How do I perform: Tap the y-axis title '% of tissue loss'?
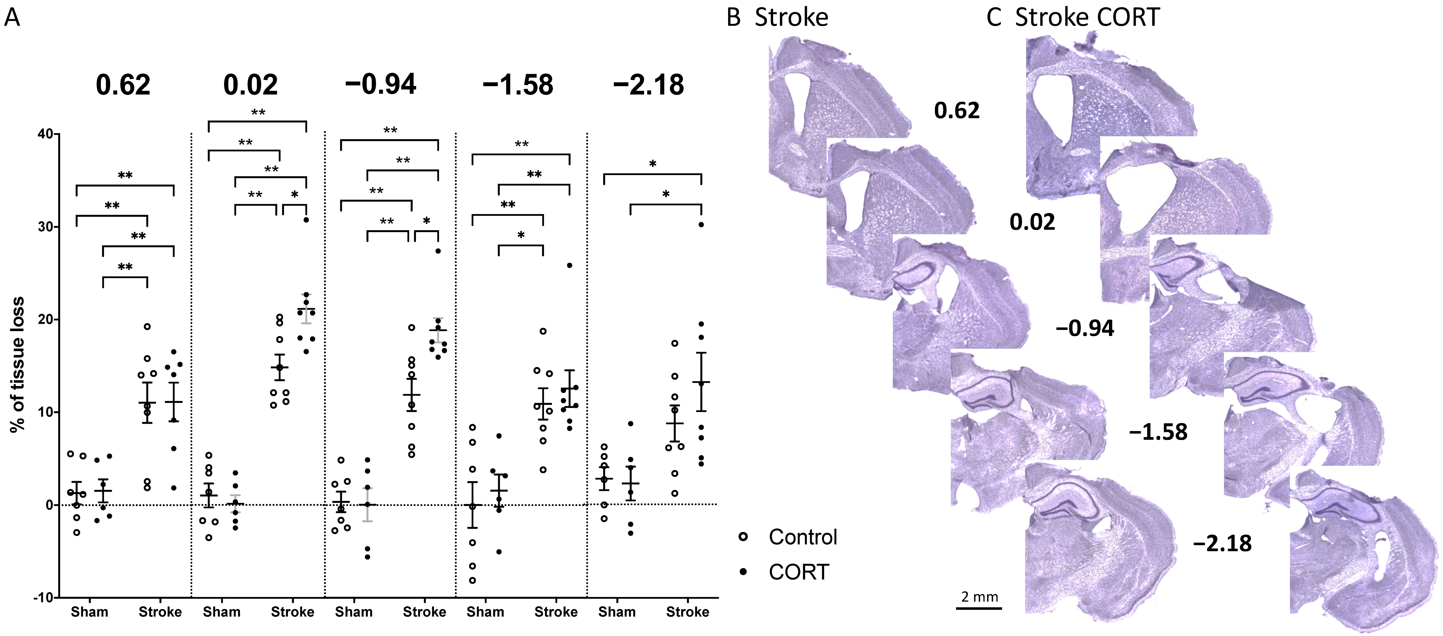point(18,364)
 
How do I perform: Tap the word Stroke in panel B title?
point(791,18)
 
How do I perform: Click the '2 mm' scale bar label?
point(979,597)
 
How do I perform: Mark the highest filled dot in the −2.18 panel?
point(701,225)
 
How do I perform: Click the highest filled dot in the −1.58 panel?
point(570,266)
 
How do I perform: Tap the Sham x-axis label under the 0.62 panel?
point(90,612)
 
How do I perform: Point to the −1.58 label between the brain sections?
point(1158,432)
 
